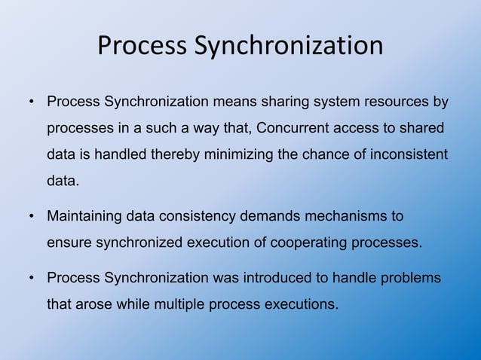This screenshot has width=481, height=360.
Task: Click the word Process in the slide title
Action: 142,47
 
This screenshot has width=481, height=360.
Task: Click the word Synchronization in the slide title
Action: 289,47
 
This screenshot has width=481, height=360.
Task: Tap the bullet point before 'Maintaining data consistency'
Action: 32,218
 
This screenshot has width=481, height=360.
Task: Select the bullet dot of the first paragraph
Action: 32,102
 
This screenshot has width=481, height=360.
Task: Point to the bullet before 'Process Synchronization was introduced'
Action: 32,279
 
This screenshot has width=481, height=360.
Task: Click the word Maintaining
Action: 84,217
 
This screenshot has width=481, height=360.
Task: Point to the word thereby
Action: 177,154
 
